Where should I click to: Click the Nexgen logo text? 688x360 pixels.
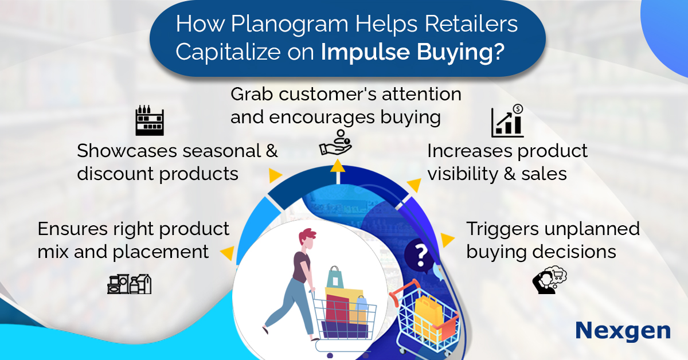tap(623, 331)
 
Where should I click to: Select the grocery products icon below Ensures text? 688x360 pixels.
tap(129, 283)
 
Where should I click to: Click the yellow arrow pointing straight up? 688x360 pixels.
tap(338, 166)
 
